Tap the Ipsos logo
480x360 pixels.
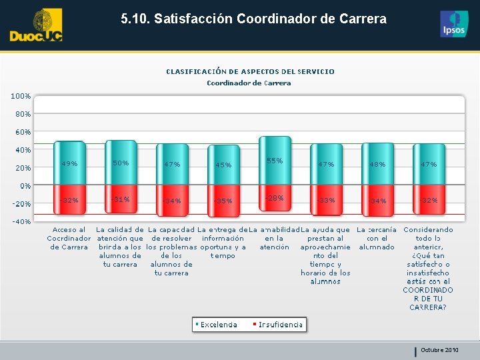[x=454, y=24]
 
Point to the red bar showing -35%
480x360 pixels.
[x=223, y=201]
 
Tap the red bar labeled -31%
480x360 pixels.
[x=121, y=199]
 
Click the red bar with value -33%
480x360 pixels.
[x=326, y=200]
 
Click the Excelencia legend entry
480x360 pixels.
[x=216, y=325]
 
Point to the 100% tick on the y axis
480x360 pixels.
[x=19, y=96]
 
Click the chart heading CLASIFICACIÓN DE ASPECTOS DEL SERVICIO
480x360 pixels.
[x=250, y=71]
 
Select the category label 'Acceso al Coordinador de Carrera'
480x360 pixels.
[x=69, y=238]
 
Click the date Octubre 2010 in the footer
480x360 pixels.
[x=439, y=350]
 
